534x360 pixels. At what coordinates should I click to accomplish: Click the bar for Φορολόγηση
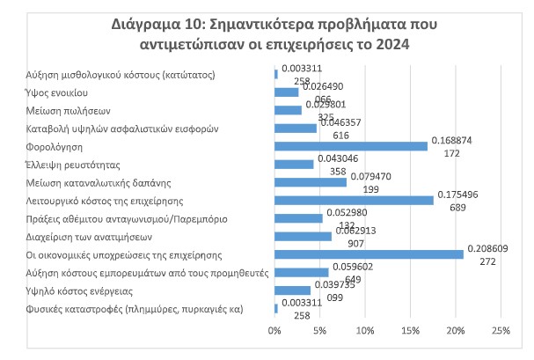point(351,146)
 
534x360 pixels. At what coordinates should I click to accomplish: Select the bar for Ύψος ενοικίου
point(287,92)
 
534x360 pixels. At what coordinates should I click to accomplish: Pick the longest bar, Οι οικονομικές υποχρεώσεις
point(369,254)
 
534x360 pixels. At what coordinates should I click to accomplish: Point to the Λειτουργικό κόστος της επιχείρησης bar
point(354,200)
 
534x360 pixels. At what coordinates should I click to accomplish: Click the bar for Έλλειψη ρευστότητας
point(294,164)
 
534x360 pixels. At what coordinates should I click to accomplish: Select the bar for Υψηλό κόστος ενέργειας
point(292,290)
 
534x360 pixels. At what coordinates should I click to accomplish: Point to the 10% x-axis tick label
point(365,330)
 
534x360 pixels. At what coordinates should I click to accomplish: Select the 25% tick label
point(500,330)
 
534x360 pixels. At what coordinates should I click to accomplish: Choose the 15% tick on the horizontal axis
point(410,330)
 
